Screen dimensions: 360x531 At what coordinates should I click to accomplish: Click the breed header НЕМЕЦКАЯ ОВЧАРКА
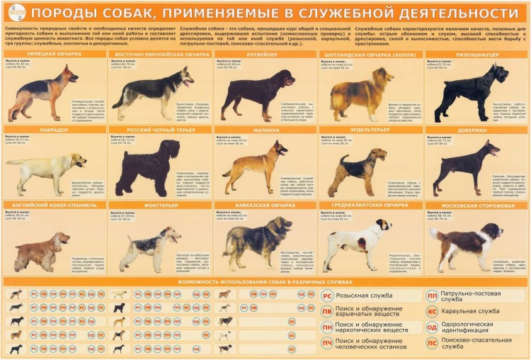pos(52,54)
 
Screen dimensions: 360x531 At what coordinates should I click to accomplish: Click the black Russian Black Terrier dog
pos(148,167)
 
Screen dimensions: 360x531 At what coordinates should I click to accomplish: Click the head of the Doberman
pos(489,149)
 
